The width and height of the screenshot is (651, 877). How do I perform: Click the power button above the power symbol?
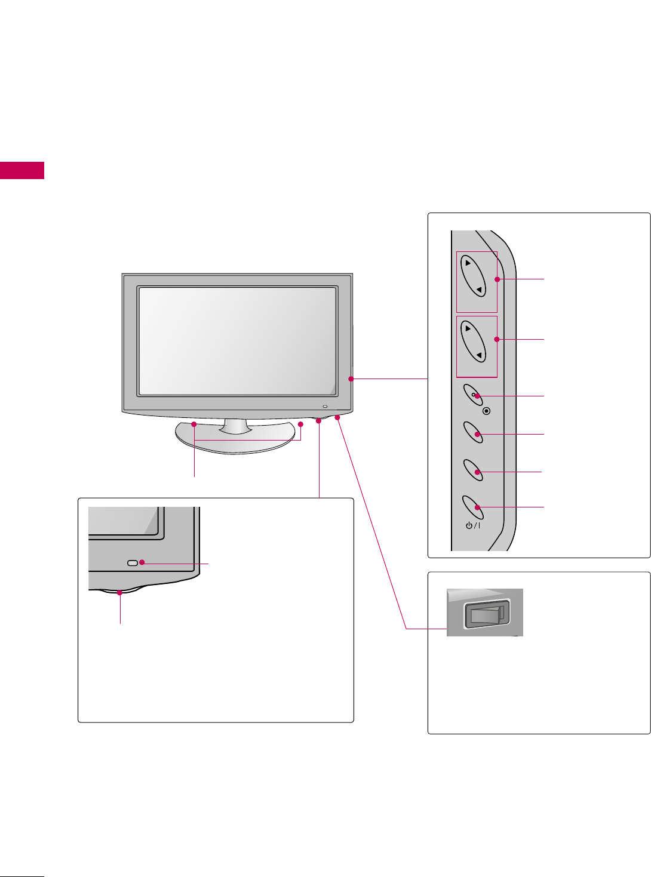point(472,506)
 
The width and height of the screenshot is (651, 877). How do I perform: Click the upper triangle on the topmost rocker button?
point(468,263)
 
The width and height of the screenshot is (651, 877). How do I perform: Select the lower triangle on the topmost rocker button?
point(479,290)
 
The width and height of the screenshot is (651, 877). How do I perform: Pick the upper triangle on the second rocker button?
point(468,328)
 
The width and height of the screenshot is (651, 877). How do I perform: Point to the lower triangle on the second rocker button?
point(479,356)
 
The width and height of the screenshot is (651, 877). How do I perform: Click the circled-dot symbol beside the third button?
point(487,411)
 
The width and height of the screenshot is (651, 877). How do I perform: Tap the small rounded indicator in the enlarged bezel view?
point(133,562)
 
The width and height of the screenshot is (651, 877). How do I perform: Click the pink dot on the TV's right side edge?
point(351,379)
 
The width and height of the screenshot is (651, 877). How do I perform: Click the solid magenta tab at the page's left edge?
point(22,170)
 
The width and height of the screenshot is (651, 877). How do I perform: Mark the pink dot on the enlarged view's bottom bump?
point(121,593)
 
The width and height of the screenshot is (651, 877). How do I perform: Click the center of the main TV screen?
point(237,341)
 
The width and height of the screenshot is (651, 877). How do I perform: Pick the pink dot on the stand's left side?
point(194,424)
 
